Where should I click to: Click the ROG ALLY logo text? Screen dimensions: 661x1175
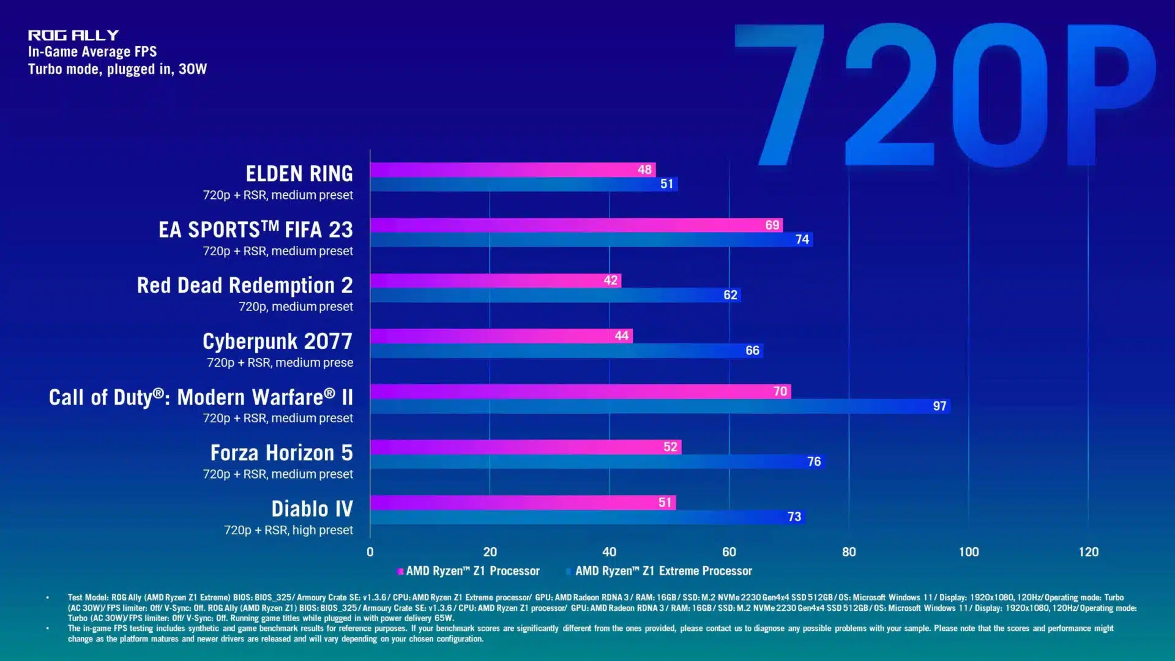(73, 35)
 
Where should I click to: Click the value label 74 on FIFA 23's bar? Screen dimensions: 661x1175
(802, 239)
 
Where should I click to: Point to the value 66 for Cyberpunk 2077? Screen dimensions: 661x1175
(752, 351)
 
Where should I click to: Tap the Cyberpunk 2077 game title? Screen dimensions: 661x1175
(277, 342)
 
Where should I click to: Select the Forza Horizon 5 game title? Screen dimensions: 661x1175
(282, 453)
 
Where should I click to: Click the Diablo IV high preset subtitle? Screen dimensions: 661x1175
(288, 530)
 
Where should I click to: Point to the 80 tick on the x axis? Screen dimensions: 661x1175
(849, 552)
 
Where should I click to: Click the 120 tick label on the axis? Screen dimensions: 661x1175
(1088, 552)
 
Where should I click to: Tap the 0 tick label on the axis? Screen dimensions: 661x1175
(370, 552)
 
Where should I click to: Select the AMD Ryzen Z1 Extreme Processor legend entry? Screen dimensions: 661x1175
(663, 571)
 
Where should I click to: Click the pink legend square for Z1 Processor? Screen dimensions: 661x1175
(400, 572)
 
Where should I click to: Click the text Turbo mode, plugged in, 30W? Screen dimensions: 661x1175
(117, 69)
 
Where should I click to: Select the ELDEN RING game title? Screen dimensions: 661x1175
(299, 174)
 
